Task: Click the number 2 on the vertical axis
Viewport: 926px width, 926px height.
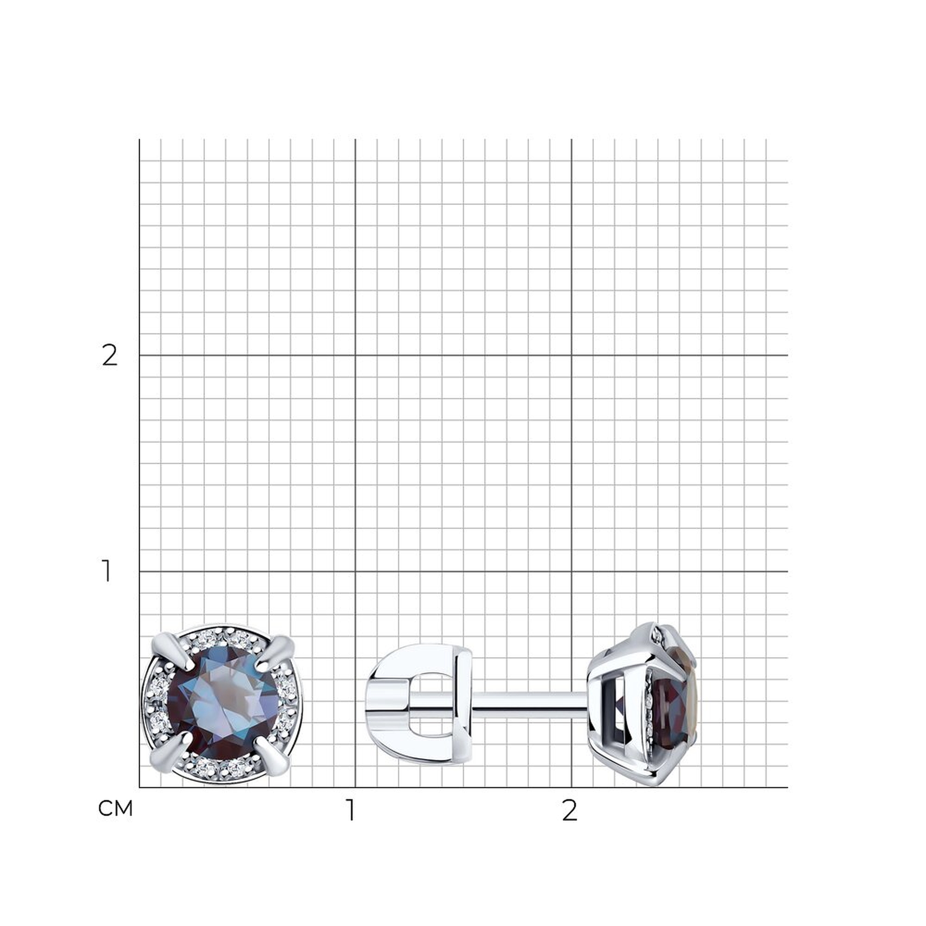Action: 109,356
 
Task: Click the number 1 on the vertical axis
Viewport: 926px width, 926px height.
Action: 106,571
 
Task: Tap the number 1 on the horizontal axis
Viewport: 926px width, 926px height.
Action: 351,810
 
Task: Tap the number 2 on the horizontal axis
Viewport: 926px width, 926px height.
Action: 569,810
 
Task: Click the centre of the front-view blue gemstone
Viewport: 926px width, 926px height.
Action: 223,705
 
